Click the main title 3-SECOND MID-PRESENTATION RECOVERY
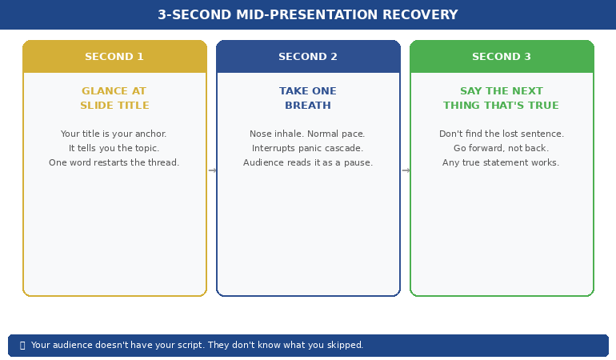pyautogui.click(x=308, y=15)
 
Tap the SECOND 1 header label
pyautogui.click(x=114, y=57)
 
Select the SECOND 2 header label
pyautogui.click(x=308, y=57)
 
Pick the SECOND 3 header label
pyautogui.click(x=502, y=57)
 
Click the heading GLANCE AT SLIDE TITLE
pyautogui.click(x=114, y=98)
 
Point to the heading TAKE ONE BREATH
pyautogui.click(x=308, y=98)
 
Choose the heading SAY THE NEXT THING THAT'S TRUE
pyautogui.click(x=502, y=98)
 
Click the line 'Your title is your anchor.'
pyautogui.click(x=114, y=134)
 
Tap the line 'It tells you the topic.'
pyautogui.click(x=114, y=149)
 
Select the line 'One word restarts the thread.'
pyautogui.click(x=114, y=163)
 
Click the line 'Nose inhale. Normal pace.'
pyautogui.click(x=308, y=134)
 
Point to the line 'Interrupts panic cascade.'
pyautogui.click(x=308, y=149)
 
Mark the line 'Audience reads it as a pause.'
pyautogui.click(x=308, y=163)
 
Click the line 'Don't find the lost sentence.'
pyautogui.click(x=502, y=134)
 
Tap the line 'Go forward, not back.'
pyautogui.click(x=502, y=149)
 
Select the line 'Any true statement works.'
pyautogui.click(x=502, y=163)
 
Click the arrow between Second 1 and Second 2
pyautogui.click(x=212, y=170)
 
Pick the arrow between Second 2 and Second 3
pyautogui.click(x=406, y=170)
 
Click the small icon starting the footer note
pyautogui.click(x=22, y=346)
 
